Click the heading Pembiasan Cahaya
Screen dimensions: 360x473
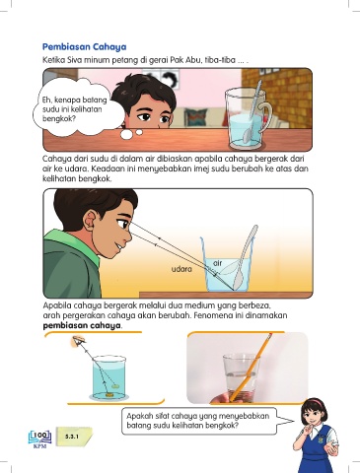[x=84, y=46]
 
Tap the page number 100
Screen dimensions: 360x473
[x=40, y=436]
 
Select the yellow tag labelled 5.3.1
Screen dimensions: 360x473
[x=74, y=437]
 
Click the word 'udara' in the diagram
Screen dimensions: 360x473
[x=181, y=269]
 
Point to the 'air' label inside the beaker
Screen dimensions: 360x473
[x=218, y=263]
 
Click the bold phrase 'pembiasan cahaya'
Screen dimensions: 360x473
[x=82, y=326]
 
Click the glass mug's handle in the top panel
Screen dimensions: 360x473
[x=266, y=115]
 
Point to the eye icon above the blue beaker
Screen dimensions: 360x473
[x=79, y=340]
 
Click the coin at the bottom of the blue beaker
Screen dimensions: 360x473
[x=110, y=393]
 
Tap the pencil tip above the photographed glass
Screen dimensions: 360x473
[x=270, y=336]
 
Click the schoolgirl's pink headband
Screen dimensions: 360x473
[x=316, y=401]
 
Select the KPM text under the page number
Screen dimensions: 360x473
[x=40, y=446]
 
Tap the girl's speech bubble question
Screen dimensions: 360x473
[x=198, y=421]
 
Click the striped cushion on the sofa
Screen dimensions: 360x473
[x=196, y=117]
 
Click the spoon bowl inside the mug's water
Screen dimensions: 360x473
[x=248, y=134]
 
